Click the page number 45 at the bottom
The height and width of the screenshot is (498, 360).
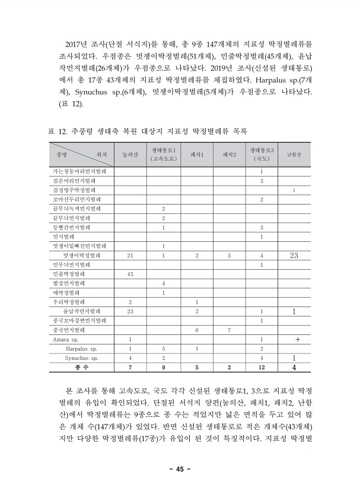tap(180, 469)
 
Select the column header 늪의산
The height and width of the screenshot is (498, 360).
tap(130, 155)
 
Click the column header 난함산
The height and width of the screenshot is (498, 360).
tap(295, 155)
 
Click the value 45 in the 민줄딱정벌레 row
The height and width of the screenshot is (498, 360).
tap(130, 274)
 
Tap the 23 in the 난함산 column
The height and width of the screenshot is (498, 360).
tap(295, 255)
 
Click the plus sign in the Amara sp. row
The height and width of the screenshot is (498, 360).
tap(295, 339)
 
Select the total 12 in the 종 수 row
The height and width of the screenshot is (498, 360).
tap(262, 368)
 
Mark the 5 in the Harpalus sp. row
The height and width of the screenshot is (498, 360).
tap(163, 349)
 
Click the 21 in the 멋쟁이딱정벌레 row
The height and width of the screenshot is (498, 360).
tap(130, 256)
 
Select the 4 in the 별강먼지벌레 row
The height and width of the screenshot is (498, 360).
tap(163, 283)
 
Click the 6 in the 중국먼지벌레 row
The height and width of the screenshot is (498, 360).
tap(196, 330)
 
